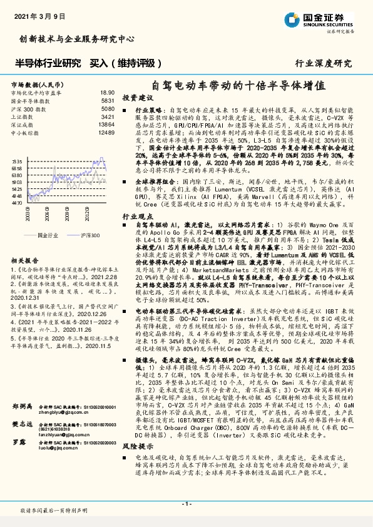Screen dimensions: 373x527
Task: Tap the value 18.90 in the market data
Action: pos(108,92)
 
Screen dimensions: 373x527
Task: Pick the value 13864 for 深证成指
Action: pos(106,125)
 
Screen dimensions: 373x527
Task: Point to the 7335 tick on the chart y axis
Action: pos(17,161)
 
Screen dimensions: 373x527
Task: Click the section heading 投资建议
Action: pos(138,99)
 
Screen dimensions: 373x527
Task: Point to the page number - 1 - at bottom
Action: pos(186,504)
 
